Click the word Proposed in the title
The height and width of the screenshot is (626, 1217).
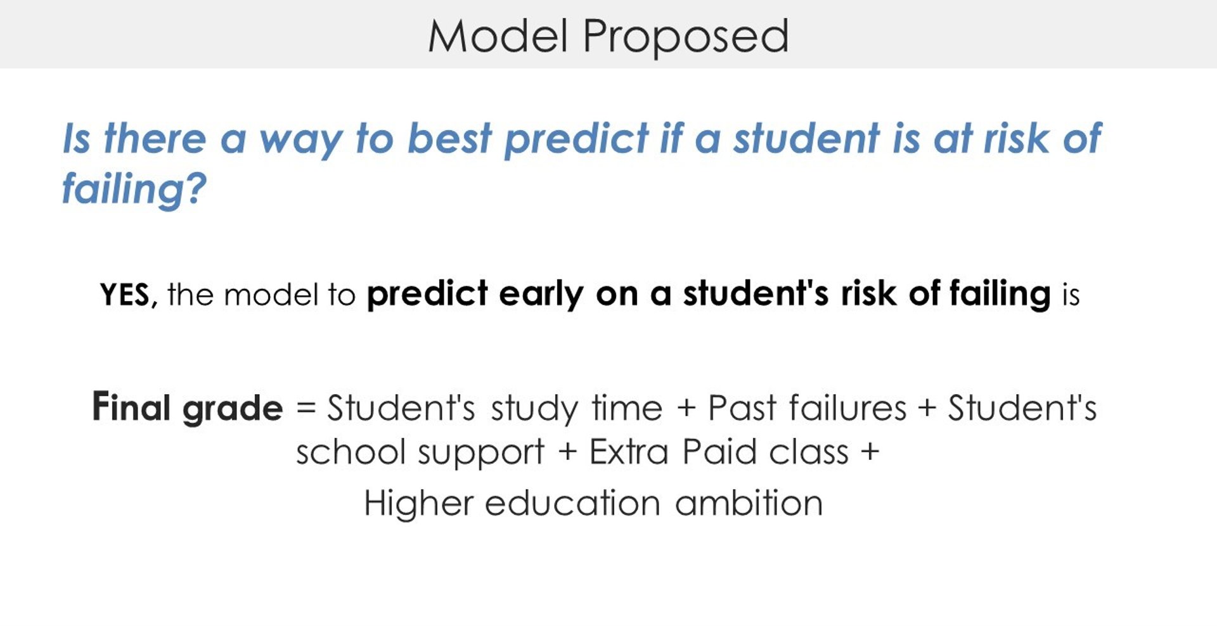tap(685, 37)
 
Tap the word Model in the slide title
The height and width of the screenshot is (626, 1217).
tap(498, 35)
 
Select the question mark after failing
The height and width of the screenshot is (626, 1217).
tap(196, 187)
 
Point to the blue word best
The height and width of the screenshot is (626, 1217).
tap(449, 137)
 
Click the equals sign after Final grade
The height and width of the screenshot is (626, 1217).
tap(306, 407)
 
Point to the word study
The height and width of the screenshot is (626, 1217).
tap(534, 409)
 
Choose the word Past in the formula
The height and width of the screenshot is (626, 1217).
tap(742, 407)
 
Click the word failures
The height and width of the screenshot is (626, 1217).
tap(848, 407)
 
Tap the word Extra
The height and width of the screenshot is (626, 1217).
tap(629, 452)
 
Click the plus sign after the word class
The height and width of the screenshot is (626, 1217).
tap(870, 452)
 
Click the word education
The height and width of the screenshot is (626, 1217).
tap(573, 503)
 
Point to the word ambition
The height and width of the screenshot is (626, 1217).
tap(749, 503)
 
